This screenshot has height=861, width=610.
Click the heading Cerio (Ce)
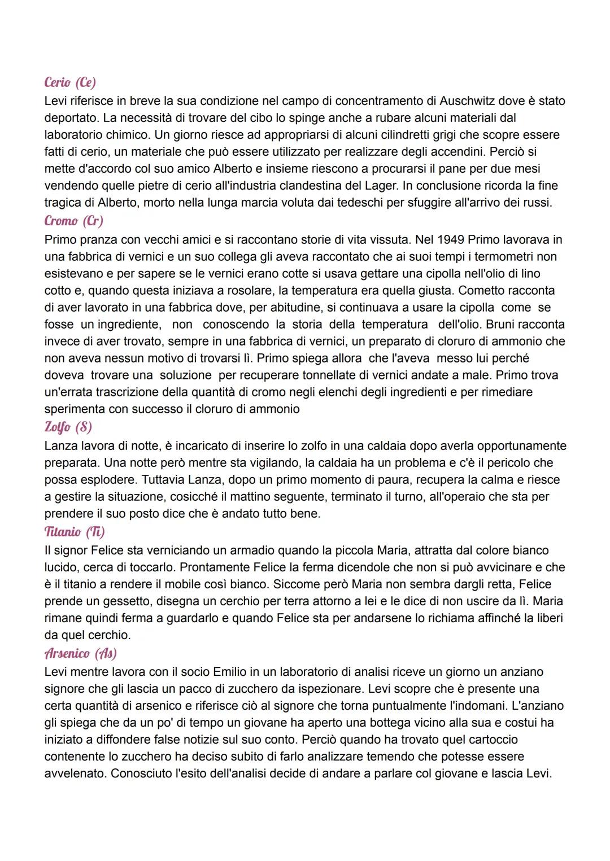tap(70, 82)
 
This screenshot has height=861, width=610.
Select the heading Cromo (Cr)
tap(74, 221)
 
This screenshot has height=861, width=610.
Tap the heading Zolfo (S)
tap(68, 427)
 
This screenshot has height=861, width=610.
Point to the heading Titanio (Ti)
tap(75, 532)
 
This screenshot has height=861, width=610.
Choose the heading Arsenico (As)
tap(81, 653)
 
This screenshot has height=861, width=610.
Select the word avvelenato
tap(75, 773)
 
